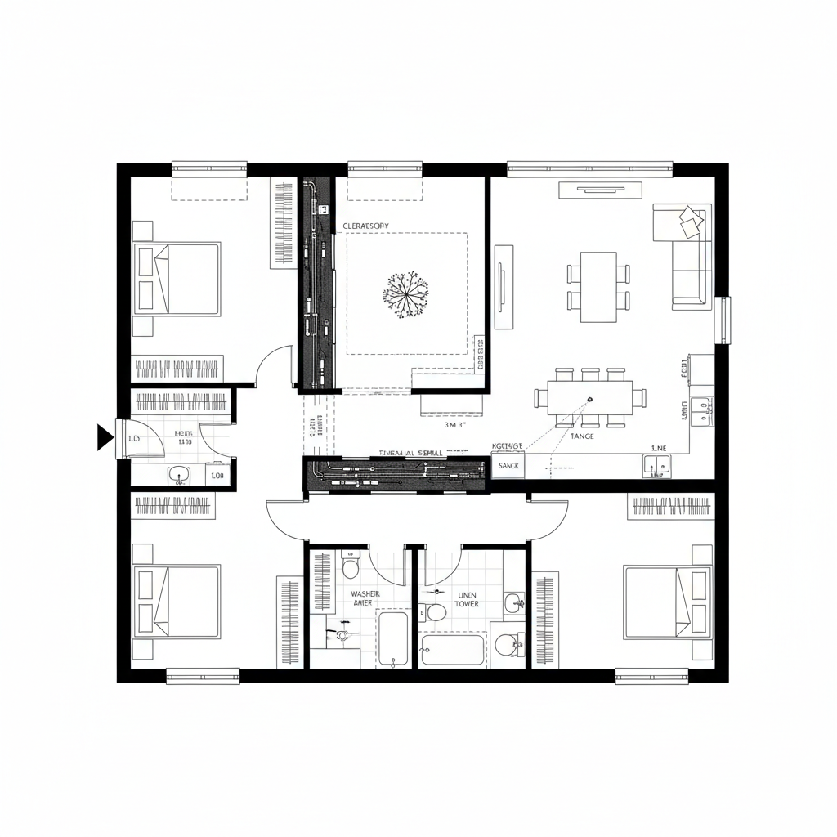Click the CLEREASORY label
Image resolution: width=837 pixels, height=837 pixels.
pyautogui.click(x=365, y=226)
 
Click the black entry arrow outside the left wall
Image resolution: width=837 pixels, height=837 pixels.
pyautogui.click(x=105, y=437)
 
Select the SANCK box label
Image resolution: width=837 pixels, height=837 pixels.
pyautogui.click(x=508, y=465)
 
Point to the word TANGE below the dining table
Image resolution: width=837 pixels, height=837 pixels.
pyautogui.click(x=582, y=436)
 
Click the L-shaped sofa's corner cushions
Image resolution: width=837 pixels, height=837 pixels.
pyautogui.click(x=690, y=222)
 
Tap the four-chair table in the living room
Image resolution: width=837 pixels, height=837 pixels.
pyautogui.click(x=599, y=287)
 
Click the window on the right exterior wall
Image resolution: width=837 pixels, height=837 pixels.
pyautogui.click(x=723, y=320)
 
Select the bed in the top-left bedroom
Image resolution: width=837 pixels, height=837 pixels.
pyautogui.click(x=178, y=278)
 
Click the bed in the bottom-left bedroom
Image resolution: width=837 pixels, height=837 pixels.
pyautogui.click(x=178, y=602)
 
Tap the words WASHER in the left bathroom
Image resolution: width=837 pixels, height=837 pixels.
pyautogui.click(x=365, y=594)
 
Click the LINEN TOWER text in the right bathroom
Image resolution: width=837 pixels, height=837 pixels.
pyautogui.click(x=467, y=599)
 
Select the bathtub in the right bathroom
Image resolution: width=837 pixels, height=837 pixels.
pyautogui.click(x=453, y=650)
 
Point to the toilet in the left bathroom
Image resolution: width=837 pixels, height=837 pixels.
pyautogui.click(x=350, y=566)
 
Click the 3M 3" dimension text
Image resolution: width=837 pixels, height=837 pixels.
pyautogui.click(x=454, y=425)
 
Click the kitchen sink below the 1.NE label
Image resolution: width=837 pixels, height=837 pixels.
pyautogui.click(x=656, y=465)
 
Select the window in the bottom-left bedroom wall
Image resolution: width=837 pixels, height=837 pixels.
pyautogui.click(x=203, y=676)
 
